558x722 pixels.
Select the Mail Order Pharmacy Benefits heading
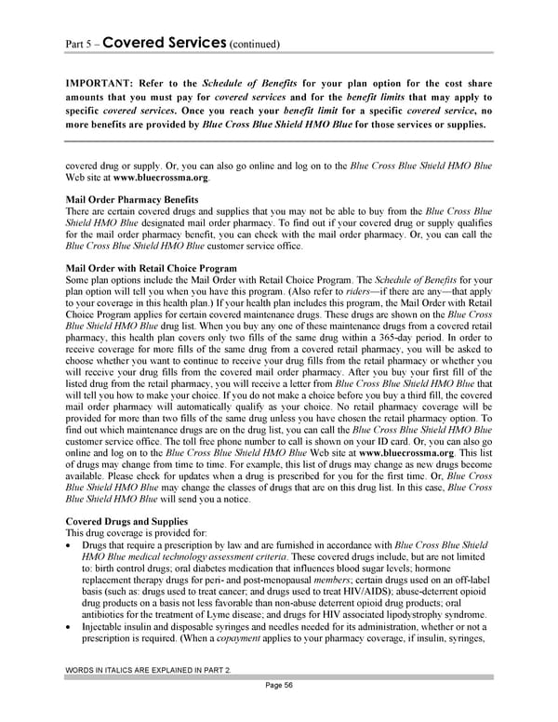pos(133,199)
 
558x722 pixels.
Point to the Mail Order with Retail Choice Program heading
pos(152,268)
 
